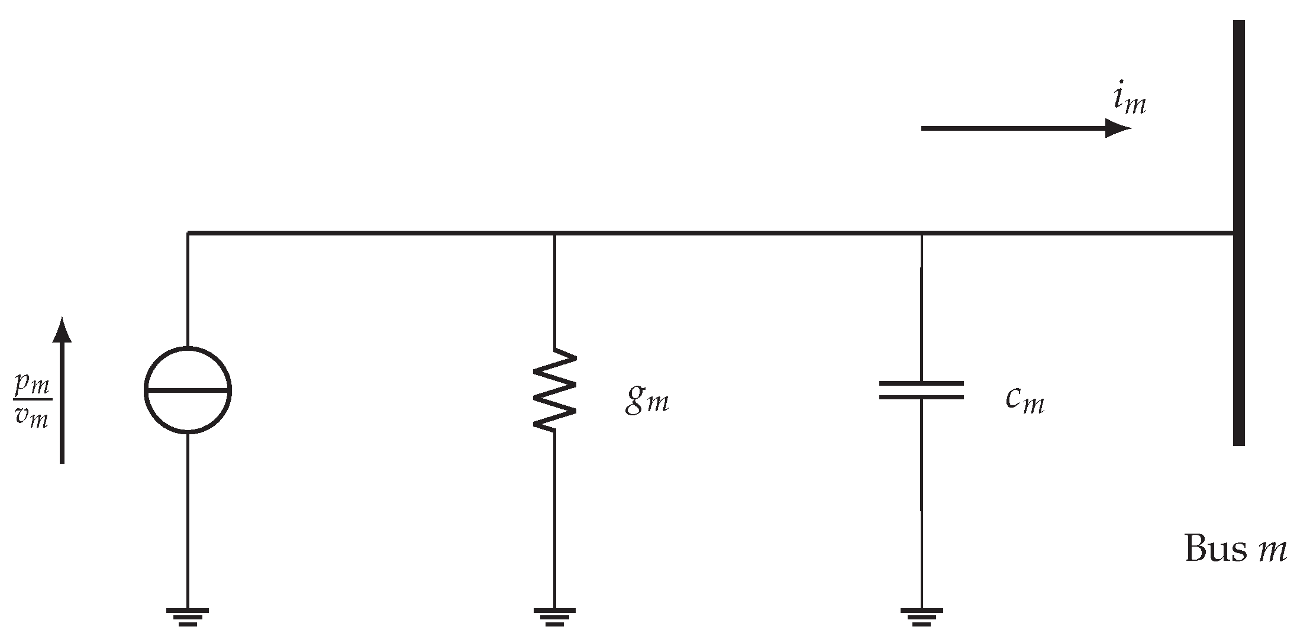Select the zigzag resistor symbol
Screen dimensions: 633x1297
554,389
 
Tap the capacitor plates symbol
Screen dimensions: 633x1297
921,390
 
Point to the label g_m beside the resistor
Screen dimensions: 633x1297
647,400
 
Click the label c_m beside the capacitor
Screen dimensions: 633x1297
1024,400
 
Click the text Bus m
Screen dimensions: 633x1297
1235,549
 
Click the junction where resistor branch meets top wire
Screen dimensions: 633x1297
554,233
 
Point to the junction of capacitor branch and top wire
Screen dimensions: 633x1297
921,233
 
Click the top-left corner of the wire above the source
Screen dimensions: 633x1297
188,233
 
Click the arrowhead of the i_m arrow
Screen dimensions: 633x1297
1118,128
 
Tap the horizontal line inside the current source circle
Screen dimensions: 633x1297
188,390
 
